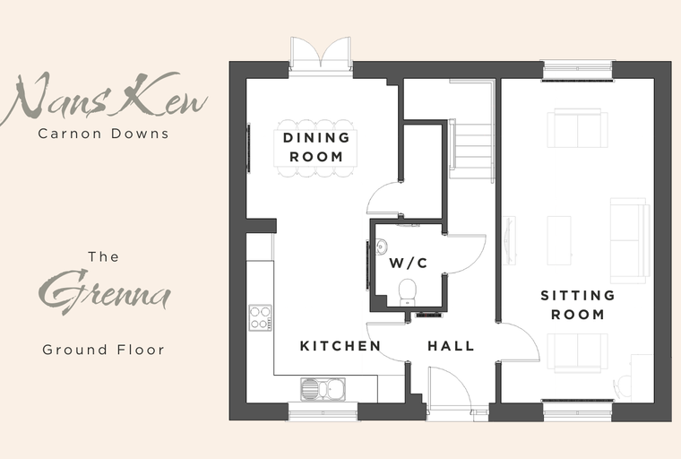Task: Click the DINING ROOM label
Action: (x=316, y=147)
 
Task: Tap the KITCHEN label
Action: (x=340, y=346)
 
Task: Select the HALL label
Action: (x=451, y=346)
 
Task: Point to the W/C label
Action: (x=409, y=263)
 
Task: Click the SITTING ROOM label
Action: (x=578, y=305)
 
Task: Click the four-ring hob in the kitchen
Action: (x=260, y=317)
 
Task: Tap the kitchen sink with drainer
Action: (x=323, y=388)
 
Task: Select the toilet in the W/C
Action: (x=408, y=292)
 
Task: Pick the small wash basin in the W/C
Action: (x=381, y=247)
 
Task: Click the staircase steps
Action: (x=471, y=151)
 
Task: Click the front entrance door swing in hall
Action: (x=450, y=388)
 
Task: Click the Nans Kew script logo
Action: (x=104, y=97)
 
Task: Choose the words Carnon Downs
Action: (x=103, y=134)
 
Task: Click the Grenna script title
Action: (x=105, y=290)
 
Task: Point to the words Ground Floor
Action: (x=103, y=350)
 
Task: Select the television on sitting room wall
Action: (x=509, y=240)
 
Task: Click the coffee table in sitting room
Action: (x=559, y=240)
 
